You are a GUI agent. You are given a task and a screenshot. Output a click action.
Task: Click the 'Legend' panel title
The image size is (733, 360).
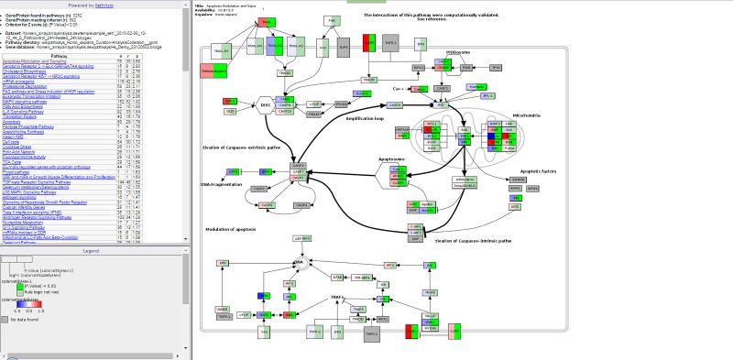tap(91, 250)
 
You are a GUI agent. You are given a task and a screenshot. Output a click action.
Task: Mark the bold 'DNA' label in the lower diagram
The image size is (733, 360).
tap(299, 262)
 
